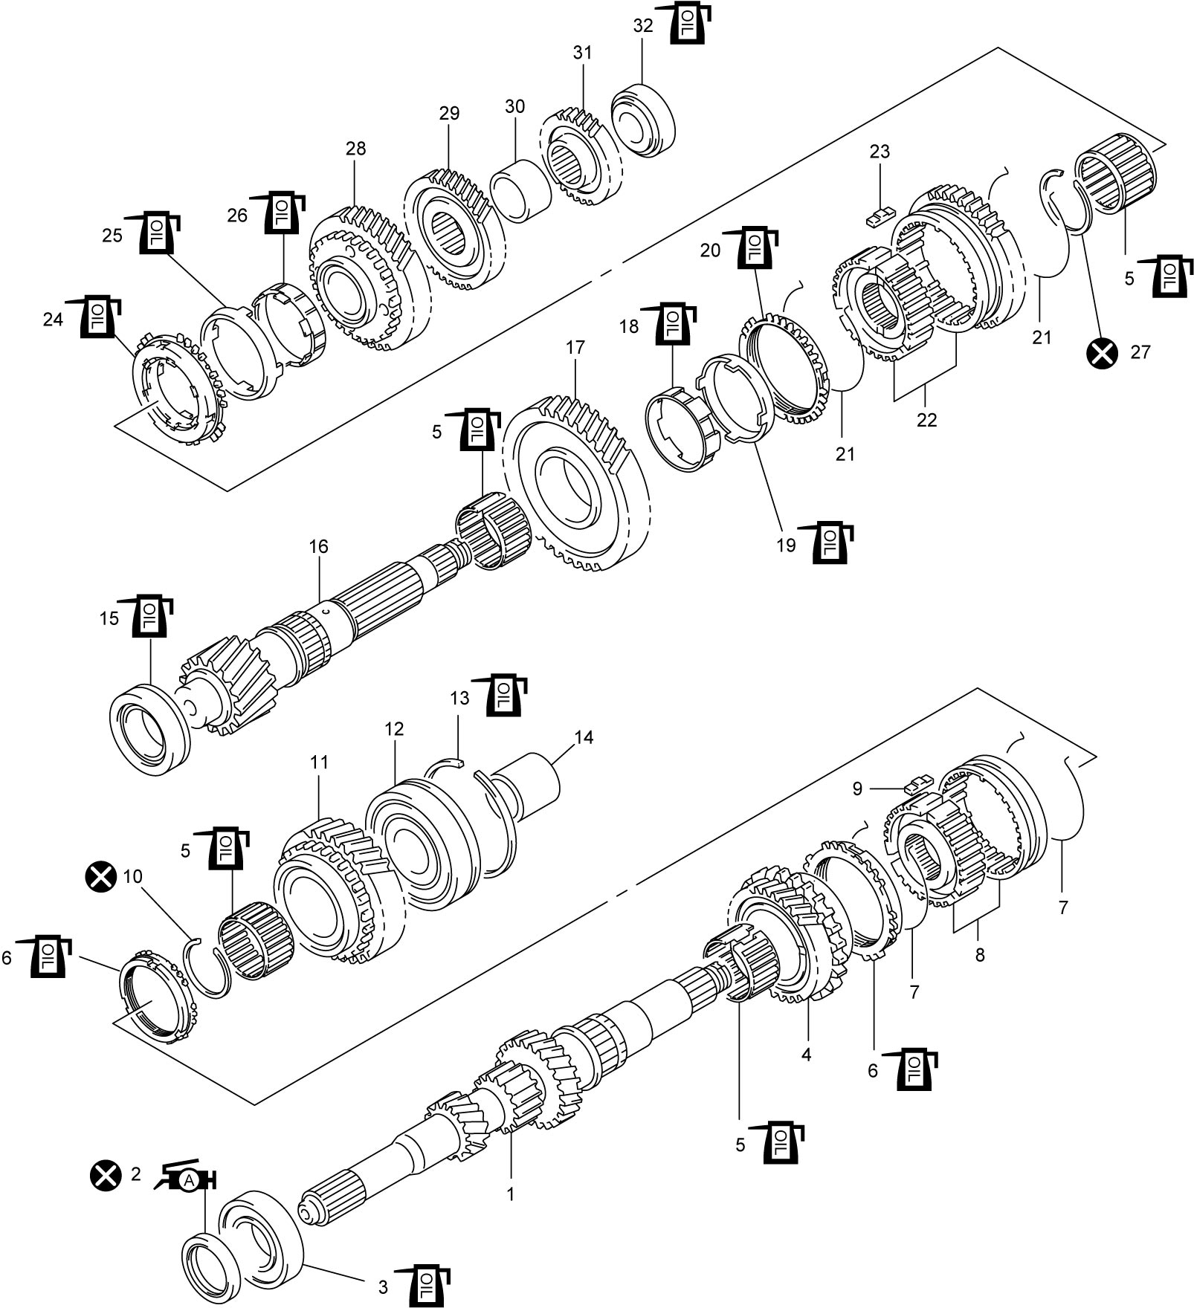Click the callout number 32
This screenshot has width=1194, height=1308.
click(642, 25)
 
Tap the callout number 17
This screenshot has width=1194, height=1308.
click(575, 347)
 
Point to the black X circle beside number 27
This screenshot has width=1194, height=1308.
click(1102, 352)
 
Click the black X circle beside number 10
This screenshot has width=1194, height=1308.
click(101, 877)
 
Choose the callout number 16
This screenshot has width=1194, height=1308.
click(318, 546)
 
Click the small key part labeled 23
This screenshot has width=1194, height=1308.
click(881, 216)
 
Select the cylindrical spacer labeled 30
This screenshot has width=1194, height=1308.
click(520, 191)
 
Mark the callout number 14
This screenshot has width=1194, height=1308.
click(584, 737)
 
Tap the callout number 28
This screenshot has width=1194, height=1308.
click(355, 148)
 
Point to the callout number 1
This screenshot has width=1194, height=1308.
click(510, 1194)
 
